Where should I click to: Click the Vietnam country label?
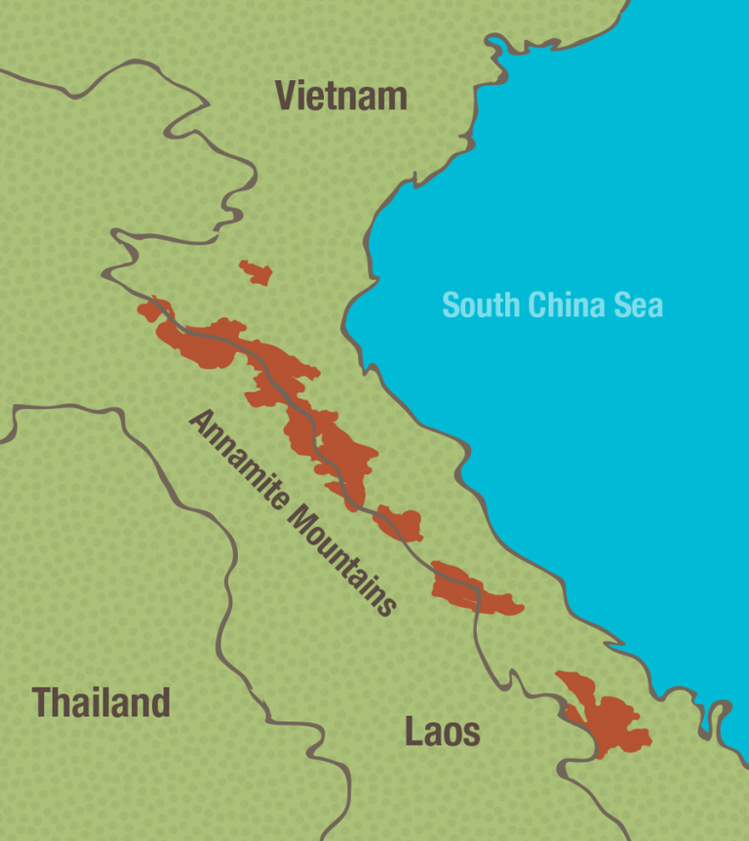340,96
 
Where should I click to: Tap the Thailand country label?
101,702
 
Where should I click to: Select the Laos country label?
443,731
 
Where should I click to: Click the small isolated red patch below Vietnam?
256,272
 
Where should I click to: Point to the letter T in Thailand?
42,702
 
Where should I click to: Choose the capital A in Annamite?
201,422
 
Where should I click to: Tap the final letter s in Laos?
472,734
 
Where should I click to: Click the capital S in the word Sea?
624,304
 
